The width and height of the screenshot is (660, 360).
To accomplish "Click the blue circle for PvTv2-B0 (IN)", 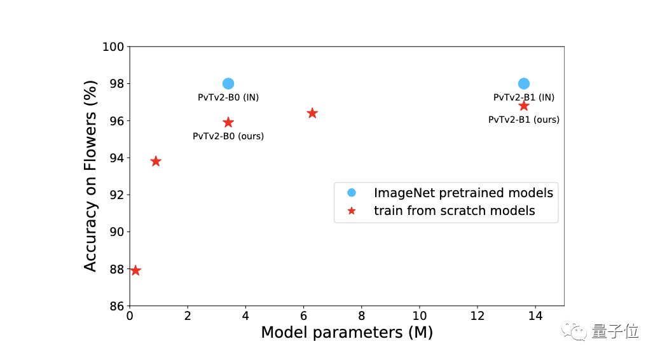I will (228, 83).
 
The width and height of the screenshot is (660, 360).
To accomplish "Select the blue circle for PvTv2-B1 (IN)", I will (524, 83).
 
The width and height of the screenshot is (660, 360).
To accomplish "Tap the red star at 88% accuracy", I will (135, 270).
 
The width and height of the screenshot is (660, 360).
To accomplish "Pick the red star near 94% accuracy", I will (156, 162).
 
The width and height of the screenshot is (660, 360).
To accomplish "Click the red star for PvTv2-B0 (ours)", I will (228, 122).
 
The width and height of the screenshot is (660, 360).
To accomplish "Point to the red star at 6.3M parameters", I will (312, 113).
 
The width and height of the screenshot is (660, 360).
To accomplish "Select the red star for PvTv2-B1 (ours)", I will (524, 106).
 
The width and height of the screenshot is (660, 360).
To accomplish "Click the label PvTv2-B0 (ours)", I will (228, 135).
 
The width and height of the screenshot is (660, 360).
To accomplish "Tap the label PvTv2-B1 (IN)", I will (524, 97).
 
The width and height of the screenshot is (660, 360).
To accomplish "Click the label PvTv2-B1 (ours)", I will (524, 119).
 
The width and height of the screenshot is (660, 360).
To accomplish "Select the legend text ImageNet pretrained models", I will (463, 193).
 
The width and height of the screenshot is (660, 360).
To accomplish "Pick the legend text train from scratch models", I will (454, 211).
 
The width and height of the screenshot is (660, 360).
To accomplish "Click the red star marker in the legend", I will (352, 211).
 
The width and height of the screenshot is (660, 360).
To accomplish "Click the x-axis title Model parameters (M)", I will (347, 332).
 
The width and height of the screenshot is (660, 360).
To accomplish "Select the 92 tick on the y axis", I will (116, 195).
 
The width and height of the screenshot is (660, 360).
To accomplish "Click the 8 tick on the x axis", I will (361, 316).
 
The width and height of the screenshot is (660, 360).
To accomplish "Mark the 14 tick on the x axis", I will (535, 316).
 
